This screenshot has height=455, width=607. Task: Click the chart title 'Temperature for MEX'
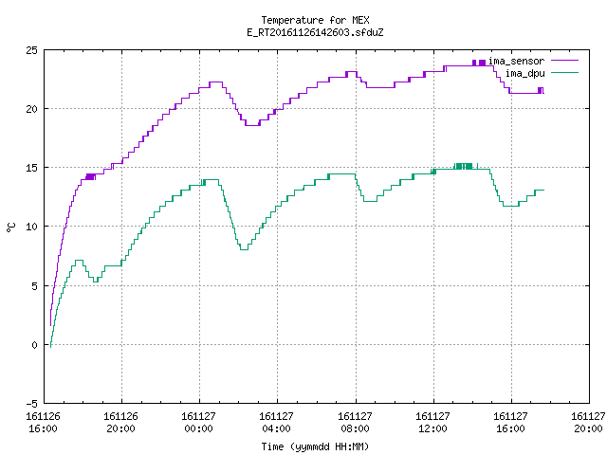point(315,20)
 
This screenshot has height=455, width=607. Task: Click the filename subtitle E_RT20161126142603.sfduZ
point(315,32)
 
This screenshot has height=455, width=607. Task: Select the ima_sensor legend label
point(516,61)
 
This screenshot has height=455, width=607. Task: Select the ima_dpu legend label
point(524,73)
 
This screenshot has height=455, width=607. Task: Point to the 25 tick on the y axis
point(31,50)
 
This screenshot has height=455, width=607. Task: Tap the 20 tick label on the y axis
point(31,109)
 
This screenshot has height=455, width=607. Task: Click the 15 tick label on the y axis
point(31,168)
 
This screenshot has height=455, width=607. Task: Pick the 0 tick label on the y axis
point(35,345)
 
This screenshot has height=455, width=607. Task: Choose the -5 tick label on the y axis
point(31,404)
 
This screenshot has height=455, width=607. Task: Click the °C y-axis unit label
point(11,227)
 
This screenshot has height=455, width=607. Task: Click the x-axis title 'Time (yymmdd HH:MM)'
point(315,446)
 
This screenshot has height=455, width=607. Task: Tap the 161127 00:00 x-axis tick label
point(198,423)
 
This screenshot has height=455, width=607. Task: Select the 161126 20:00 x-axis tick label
point(120,423)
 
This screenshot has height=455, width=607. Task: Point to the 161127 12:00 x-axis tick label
point(432,423)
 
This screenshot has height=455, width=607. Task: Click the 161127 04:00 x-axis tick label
point(276,423)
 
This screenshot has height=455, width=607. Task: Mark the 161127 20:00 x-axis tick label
point(588,423)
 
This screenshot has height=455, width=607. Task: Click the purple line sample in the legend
point(565,61)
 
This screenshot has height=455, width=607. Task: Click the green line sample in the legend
point(565,73)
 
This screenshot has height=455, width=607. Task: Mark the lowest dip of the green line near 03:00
point(244,249)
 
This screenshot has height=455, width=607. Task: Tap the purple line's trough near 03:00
point(252,125)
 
